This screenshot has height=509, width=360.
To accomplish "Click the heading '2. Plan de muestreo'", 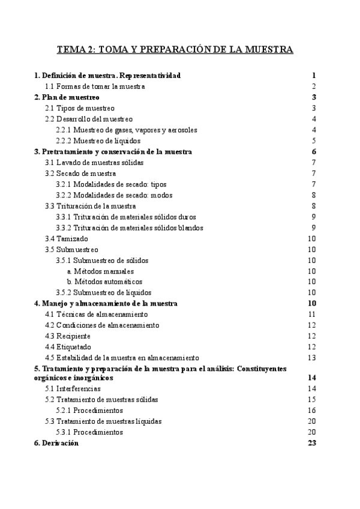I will click(67, 97).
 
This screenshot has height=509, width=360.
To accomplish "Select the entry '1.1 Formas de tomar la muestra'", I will click(95, 86).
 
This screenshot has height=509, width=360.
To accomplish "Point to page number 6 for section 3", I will click(314, 152).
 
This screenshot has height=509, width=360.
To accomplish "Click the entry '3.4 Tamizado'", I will click(66, 238).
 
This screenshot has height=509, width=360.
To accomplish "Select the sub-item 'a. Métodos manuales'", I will click(100, 271).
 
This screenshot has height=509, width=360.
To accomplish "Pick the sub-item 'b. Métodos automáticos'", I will click(104, 282).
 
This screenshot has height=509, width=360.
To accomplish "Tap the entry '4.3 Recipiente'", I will click(69, 336).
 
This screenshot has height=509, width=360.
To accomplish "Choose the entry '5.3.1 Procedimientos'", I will click(89, 432).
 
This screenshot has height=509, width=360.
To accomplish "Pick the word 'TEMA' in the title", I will click(74, 49).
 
